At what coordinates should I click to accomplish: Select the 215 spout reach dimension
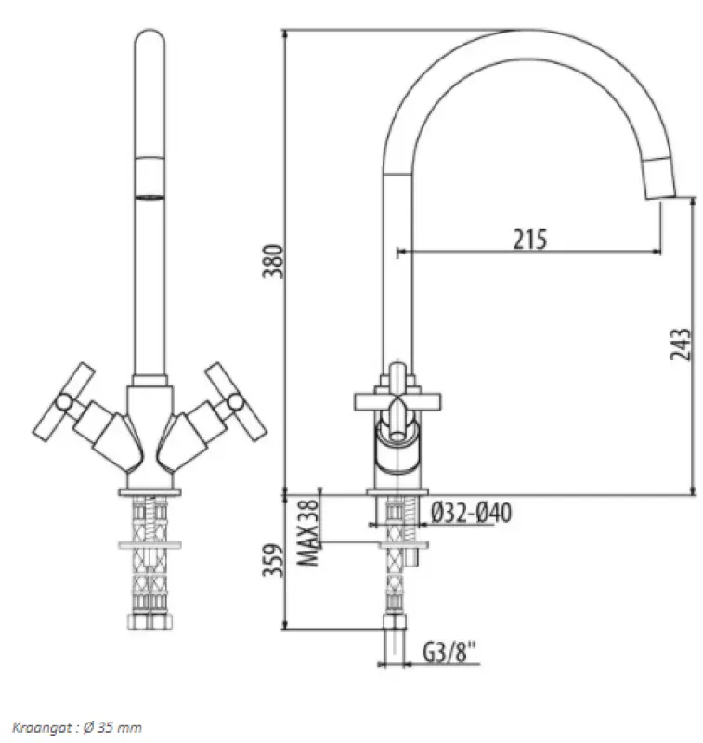(530, 239)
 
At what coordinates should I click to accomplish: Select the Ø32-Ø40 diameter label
(472, 513)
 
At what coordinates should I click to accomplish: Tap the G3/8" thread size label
(450, 653)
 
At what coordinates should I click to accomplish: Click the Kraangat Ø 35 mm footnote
(77, 726)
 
